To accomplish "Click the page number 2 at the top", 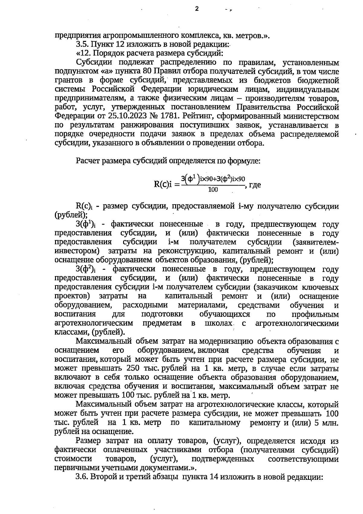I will [x=197, y=8].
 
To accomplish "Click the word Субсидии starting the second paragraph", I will [x=94, y=63].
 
